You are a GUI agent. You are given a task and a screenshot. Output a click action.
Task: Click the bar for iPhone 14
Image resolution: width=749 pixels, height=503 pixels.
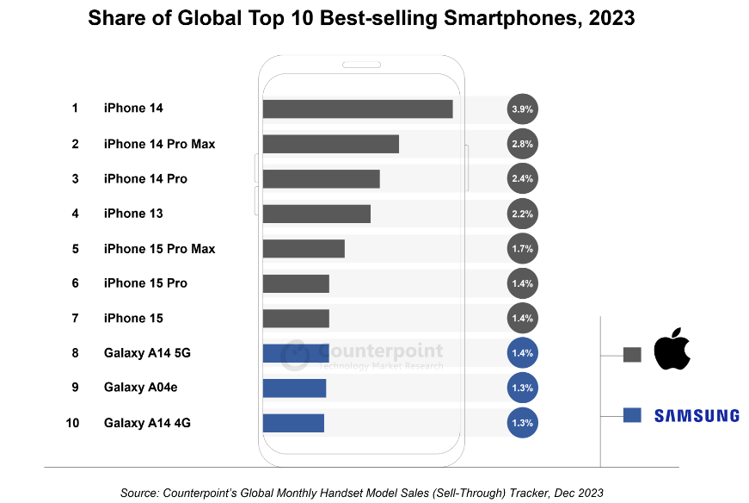pos(358,109)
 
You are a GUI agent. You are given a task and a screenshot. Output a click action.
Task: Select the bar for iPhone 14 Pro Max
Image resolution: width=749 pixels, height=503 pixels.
pos(331,144)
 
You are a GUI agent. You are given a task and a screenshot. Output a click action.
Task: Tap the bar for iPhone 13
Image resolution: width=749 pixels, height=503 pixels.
pos(316,214)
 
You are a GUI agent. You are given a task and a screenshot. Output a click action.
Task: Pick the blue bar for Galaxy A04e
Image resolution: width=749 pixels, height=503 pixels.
pos(294,388)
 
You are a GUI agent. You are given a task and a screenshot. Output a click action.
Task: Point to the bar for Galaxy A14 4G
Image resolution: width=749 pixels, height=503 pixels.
pos(293,423)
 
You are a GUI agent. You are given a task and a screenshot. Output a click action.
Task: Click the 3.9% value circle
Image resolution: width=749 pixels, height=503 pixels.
pos(523,109)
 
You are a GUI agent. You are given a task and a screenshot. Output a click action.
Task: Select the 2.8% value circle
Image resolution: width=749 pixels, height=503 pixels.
pos(523,144)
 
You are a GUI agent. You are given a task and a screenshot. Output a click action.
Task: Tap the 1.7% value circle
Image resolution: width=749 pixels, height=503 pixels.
pos(523,249)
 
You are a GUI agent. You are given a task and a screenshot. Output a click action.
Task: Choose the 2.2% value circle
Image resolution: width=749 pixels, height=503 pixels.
pos(523,214)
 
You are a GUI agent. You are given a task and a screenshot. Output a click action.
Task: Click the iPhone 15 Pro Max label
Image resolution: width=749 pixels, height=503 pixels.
pos(159,249)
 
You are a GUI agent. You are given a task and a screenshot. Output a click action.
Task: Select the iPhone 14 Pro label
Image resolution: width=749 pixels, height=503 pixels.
pos(145,179)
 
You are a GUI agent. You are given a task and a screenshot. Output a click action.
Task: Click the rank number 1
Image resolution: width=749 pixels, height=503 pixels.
pos(75,109)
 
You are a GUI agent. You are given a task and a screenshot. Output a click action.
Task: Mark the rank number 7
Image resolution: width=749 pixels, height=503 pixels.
pos(75,319)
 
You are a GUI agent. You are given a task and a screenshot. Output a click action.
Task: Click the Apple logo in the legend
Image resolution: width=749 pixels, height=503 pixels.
pos(672,349)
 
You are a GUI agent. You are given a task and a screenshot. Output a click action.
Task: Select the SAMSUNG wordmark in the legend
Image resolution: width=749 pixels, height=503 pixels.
pos(697,415)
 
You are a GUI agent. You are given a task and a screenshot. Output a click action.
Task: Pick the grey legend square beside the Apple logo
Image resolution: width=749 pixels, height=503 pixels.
pos(632,354)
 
